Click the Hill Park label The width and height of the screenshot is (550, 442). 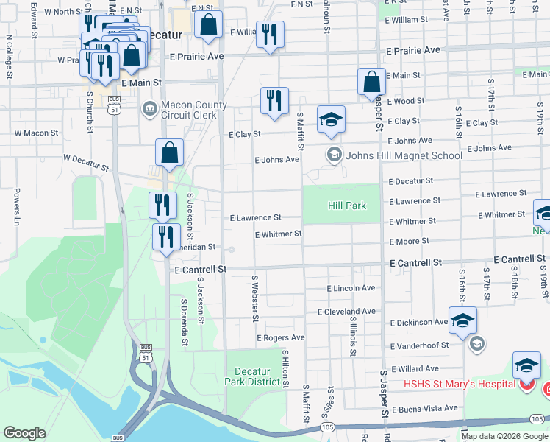coord(346,206)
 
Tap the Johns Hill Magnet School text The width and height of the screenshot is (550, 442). coord(404,155)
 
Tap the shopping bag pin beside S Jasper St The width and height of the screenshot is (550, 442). coord(371,83)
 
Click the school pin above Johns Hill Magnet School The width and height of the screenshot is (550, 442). coord(331,120)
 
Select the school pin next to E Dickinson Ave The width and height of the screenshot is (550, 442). coord(463,321)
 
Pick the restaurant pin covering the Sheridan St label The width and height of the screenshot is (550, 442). coord(166,237)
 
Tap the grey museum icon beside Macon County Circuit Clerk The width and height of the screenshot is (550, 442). coord(149,109)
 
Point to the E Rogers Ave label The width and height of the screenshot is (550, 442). coord(280,337)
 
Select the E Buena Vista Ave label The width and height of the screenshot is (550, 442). coord(424,408)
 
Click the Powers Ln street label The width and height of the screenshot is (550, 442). coord(15,207)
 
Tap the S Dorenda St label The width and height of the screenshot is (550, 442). coord(184,321)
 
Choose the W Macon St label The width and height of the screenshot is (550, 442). coord(36,133)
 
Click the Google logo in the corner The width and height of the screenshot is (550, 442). coord(25,433)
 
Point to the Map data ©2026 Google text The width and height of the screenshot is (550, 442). coord(504,436)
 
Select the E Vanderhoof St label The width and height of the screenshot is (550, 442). coord(424,346)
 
